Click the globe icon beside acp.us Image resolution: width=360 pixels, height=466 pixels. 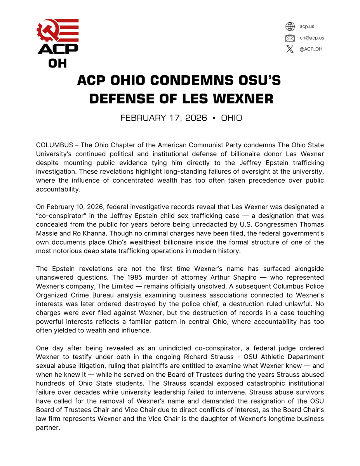click(x=290, y=26)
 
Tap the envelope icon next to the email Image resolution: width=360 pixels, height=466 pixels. click(x=290, y=38)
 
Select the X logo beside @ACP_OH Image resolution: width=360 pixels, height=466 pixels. click(x=290, y=49)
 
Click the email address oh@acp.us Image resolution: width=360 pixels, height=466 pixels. click(x=311, y=38)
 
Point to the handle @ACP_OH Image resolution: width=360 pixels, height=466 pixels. click(x=311, y=49)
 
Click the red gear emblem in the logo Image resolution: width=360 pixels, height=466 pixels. click(x=47, y=33)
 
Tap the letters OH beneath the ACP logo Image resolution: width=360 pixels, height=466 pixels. click(x=57, y=63)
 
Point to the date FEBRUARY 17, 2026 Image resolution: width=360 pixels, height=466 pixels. click(x=163, y=118)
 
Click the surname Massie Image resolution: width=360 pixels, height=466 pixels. click(x=47, y=233)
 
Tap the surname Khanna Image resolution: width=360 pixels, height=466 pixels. click(x=90, y=233)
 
